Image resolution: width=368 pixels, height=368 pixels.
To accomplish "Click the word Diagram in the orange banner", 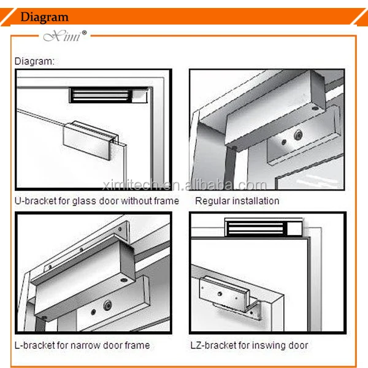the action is [44, 17].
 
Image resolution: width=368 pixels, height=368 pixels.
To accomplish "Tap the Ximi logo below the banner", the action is [62, 36].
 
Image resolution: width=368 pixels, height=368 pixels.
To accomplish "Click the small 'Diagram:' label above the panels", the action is [34, 61].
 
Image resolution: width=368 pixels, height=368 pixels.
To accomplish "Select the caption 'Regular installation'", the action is [237, 201].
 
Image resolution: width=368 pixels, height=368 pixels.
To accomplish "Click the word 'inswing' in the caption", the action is [269, 346].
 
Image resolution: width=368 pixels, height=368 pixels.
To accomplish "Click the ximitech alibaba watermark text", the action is [185, 185].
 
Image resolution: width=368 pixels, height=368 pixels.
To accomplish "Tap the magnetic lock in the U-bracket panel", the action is [109, 95].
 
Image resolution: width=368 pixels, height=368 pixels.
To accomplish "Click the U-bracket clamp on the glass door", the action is [91, 140].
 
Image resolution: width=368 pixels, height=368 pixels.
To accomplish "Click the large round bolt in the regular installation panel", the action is [298, 135].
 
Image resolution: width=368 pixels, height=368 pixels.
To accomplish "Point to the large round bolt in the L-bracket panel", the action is [107, 305].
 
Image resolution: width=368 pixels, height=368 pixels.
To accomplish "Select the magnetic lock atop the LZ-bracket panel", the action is [263, 228].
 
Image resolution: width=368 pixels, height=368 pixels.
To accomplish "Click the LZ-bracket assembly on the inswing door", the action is [229, 297].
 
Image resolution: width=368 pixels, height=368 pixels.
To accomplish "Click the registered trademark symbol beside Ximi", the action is [84, 33].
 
